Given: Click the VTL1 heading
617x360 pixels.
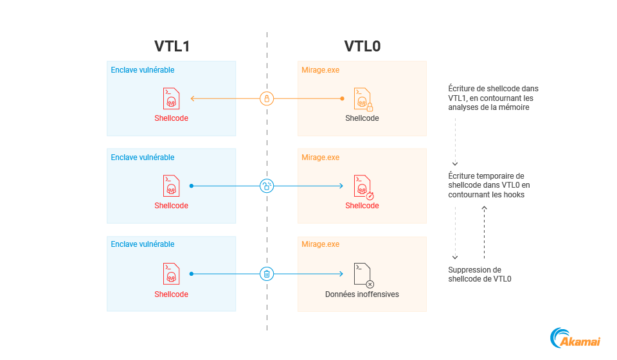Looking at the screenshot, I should point(172,46).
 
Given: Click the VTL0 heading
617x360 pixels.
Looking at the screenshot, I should point(362,46).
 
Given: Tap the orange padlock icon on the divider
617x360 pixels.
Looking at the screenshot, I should point(267,98).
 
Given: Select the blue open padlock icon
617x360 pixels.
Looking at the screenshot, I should point(267,186).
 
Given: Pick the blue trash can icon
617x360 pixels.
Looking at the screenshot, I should point(267,274).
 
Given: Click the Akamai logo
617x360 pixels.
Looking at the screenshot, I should point(575,339).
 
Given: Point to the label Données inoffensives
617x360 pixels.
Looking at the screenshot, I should point(362,294).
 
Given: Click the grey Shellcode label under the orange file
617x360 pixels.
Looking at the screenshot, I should point(362,118).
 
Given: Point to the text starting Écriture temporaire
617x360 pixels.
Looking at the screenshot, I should point(487,185).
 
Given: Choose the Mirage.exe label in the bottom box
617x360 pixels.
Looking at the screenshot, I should point(320,244).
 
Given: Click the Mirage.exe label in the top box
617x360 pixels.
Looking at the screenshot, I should point(320,70).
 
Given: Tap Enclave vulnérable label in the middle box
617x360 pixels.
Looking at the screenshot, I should point(143,157).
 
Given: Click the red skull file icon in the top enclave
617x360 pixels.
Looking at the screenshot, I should point(171,99).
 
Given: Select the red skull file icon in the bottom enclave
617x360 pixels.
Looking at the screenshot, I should point(171,274).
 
